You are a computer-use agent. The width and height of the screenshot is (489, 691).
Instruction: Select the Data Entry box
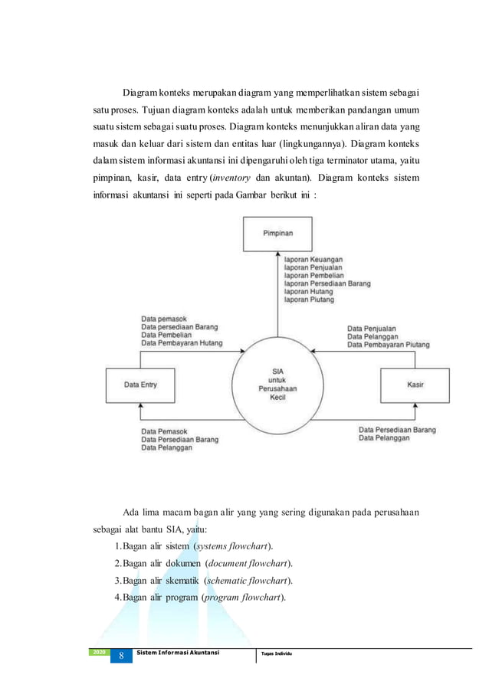140,385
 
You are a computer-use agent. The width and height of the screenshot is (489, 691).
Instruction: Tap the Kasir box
415,385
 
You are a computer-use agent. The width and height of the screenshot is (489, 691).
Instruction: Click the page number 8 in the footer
120,657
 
